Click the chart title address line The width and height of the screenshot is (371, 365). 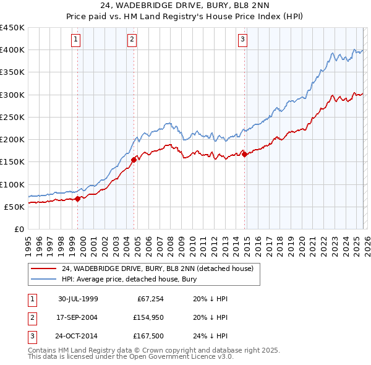(185, 6)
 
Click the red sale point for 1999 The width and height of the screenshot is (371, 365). (78, 199)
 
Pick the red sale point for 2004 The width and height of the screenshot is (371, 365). (134, 160)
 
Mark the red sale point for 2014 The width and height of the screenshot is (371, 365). (244, 154)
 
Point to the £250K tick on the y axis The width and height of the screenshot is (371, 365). (12, 117)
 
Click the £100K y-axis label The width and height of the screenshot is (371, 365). (12, 184)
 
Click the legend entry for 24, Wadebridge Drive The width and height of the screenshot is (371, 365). (157, 269)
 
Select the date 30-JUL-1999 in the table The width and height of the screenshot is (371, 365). (78, 299)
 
